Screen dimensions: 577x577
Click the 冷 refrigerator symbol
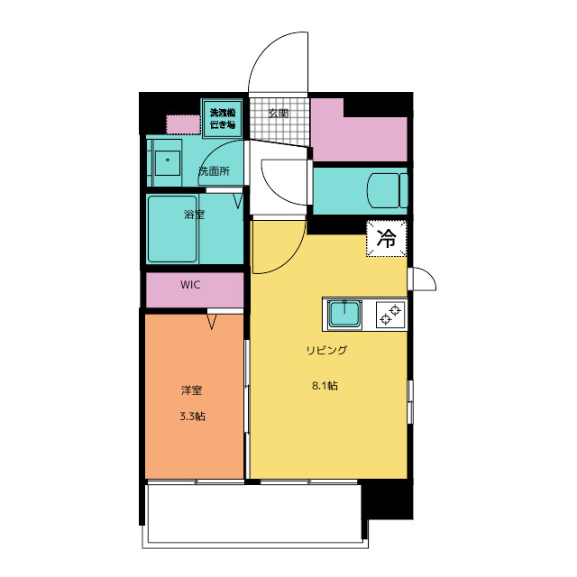pos(387,239)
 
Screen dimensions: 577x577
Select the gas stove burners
pos(390,315)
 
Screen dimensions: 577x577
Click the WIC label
pos(190,285)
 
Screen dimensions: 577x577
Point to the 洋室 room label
pos(191,391)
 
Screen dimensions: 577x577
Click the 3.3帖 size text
pos(191,417)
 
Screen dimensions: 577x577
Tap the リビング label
pos(325,350)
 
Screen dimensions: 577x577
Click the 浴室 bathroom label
pos(194,215)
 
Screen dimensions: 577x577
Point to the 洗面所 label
pos(214,170)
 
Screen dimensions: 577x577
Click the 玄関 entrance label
pos(278,114)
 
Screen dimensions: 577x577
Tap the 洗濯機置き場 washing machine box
pos(223,118)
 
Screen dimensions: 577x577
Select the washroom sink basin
pos(166,163)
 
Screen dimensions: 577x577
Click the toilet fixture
pos(385,190)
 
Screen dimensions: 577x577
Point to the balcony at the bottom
pos(252,515)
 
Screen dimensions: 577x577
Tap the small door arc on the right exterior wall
pos(424,279)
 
